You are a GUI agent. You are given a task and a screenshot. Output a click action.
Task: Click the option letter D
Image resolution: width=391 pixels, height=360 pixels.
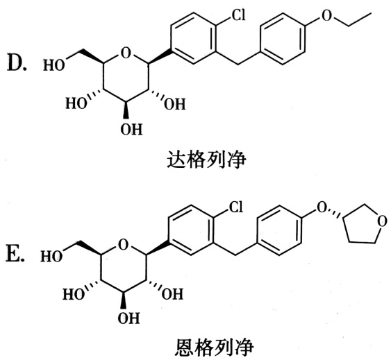pyautogui.click(x=16, y=62)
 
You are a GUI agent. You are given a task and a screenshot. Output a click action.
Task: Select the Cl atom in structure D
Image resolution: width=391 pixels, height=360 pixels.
pyautogui.click(x=239, y=15)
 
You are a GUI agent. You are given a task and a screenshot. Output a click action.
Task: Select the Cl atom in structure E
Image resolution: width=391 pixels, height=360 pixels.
pyautogui.click(x=235, y=207)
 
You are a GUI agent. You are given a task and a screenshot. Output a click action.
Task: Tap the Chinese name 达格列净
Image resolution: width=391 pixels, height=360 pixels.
pyautogui.click(x=206, y=160)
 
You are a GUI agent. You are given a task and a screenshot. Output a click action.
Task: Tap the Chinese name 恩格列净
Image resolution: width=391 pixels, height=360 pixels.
pyautogui.click(x=214, y=348)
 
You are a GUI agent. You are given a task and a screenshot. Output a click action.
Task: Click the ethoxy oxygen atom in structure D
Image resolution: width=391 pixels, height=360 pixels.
pyautogui.click(x=326, y=16)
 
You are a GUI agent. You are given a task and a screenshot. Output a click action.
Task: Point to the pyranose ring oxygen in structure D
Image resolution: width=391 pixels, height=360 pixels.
pyautogui.click(x=125, y=53)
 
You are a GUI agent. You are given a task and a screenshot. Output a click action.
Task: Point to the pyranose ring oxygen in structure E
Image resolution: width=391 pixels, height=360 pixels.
pyautogui.click(x=123, y=245)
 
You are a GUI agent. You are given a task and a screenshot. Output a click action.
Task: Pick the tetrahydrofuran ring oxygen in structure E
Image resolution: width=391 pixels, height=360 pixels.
pyautogui.click(x=382, y=221)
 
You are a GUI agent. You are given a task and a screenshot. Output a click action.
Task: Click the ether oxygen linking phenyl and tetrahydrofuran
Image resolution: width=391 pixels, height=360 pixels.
pyautogui.click(x=322, y=207)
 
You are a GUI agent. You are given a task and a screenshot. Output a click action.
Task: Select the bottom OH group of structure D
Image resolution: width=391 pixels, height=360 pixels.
pyautogui.click(x=131, y=129)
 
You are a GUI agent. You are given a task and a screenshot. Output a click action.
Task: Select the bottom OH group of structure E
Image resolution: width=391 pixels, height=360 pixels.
pyautogui.click(x=128, y=318)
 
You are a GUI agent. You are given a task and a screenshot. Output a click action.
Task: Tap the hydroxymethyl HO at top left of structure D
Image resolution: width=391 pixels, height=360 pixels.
pyautogui.click(x=54, y=65)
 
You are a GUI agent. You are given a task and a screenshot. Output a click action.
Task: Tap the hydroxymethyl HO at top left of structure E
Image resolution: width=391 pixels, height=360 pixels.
pyautogui.click(x=51, y=256)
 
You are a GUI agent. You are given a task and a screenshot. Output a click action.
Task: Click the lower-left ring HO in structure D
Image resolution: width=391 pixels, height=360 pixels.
pyautogui.click(x=76, y=103)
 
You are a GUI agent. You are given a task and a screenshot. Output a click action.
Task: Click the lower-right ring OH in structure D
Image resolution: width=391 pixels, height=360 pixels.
pyautogui.click(x=174, y=104)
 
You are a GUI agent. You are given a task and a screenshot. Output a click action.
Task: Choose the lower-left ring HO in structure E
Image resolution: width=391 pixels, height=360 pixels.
pyautogui.click(x=74, y=294)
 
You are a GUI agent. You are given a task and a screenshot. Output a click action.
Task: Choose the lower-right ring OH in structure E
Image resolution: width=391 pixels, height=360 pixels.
pyautogui.click(x=172, y=294)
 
